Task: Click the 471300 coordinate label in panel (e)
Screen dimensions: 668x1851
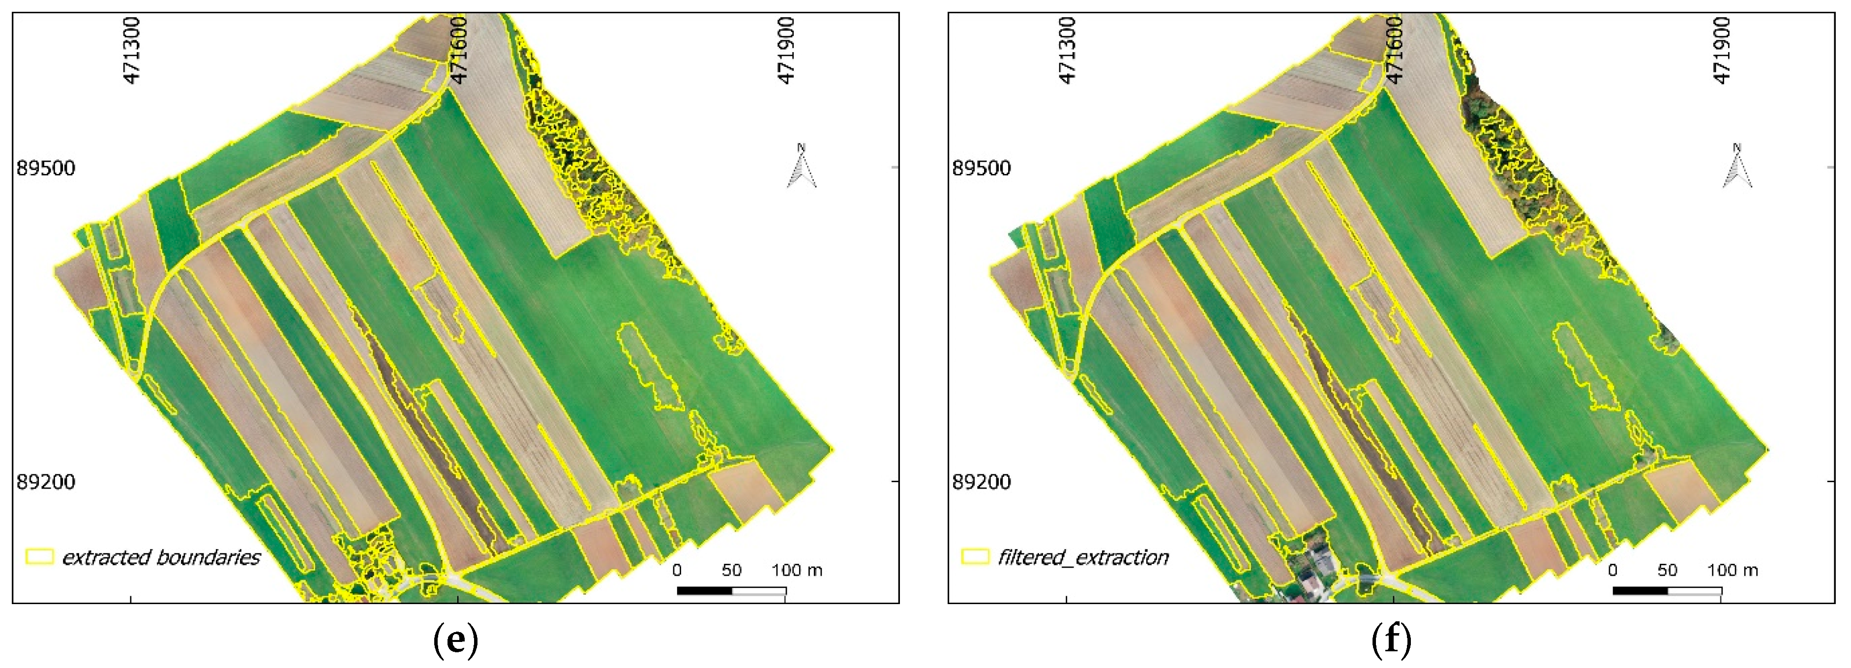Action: pyautogui.click(x=131, y=50)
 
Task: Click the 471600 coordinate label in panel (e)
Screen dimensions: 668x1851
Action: pyautogui.click(x=458, y=50)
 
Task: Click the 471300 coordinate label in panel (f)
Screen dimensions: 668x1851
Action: pyautogui.click(x=1068, y=50)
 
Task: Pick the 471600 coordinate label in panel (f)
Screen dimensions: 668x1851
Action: pyautogui.click(x=1395, y=50)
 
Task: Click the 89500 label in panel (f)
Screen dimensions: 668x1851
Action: pyautogui.click(x=982, y=168)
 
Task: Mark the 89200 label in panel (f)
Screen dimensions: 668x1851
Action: pyautogui.click(x=982, y=481)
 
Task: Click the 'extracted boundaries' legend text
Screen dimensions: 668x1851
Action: pyautogui.click(x=161, y=557)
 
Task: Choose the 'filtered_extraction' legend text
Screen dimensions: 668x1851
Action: pyautogui.click(x=1083, y=557)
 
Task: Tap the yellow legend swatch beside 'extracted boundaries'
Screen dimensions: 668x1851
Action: pyautogui.click(x=39, y=556)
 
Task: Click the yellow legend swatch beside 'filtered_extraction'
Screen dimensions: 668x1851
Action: pyautogui.click(x=975, y=556)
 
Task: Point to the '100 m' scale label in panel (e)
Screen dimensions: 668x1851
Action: pyautogui.click(x=797, y=570)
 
